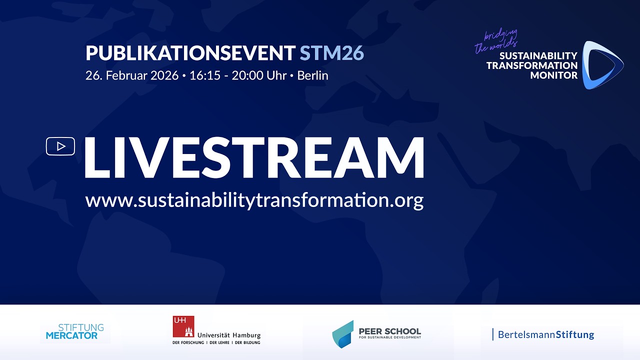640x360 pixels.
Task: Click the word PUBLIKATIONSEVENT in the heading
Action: point(190,53)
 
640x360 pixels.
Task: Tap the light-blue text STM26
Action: point(331,53)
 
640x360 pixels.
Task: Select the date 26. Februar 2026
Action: point(132,76)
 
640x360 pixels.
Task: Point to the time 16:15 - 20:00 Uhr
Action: point(238,76)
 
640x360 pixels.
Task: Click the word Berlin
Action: point(312,76)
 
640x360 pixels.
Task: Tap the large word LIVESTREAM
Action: point(254,158)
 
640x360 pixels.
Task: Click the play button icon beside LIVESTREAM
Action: point(60,146)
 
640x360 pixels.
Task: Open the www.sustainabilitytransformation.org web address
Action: point(254,200)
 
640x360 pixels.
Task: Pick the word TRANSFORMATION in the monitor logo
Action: point(531,65)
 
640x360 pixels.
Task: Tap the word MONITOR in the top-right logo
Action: point(553,75)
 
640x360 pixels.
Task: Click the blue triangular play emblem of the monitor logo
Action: point(602,65)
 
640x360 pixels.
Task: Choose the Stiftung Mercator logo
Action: point(75,331)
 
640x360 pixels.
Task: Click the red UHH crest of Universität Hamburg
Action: point(183,326)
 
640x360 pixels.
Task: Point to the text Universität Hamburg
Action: point(229,335)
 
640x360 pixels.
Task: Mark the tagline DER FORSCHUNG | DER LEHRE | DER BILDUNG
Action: point(216,342)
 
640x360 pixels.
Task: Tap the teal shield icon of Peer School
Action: point(343,333)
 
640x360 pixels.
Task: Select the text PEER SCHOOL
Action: point(390,331)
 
